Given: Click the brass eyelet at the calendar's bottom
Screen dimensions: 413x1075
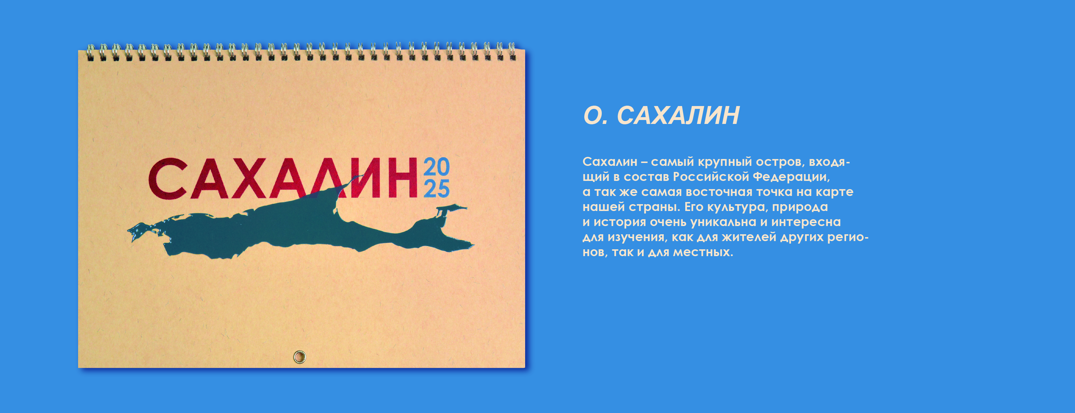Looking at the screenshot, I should click(299, 357).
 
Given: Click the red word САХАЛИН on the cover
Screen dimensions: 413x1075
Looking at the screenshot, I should click(283, 178).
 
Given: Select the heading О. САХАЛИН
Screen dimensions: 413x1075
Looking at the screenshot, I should click(662, 116).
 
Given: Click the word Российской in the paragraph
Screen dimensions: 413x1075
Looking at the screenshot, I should click(711, 177).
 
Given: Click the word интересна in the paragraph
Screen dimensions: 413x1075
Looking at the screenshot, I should click(805, 222).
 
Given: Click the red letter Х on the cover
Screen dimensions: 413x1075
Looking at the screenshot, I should click(249, 178).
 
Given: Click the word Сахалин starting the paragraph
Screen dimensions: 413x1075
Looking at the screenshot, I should click(610, 162).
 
